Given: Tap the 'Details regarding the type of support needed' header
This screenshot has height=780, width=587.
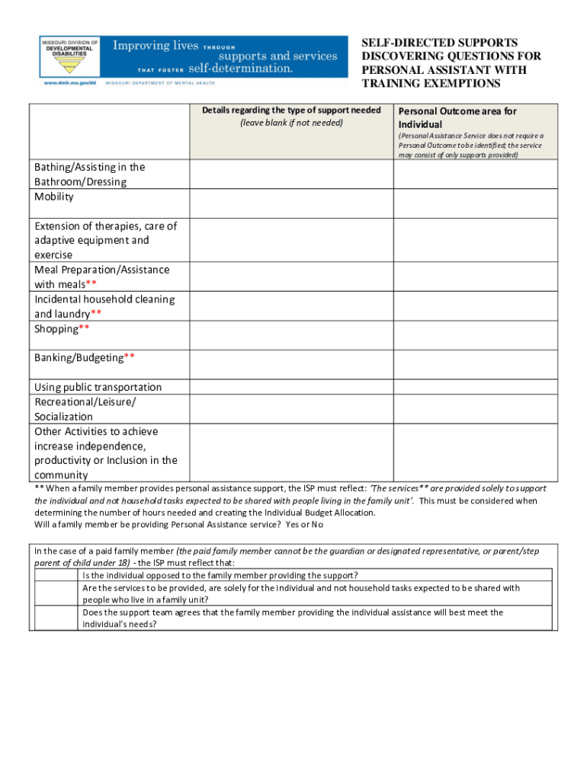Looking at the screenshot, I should [291, 110].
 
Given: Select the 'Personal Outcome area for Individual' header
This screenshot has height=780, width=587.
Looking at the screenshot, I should [457, 117].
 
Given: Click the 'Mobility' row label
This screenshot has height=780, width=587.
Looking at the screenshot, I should [54, 197].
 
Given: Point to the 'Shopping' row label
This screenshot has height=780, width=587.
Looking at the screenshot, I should [56, 329].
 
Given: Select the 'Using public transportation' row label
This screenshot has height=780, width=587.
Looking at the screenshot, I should [98, 387].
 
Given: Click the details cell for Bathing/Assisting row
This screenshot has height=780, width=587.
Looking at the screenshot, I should [291, 174].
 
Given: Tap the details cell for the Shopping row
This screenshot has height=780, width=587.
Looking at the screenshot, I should [291, 335].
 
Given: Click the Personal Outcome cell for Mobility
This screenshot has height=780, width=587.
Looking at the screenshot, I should [475, 203].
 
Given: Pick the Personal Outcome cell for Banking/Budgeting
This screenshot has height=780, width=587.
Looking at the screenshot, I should [475, 364].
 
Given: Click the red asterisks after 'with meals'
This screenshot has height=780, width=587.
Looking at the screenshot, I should [91, 285].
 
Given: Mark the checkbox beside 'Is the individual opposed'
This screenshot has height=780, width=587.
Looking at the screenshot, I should [56, 575].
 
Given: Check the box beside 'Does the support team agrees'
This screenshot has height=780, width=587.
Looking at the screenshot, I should [56, 618].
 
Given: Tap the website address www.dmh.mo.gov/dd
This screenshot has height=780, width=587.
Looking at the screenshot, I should [69, 82].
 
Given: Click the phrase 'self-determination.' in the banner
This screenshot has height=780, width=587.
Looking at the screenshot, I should [240, 69].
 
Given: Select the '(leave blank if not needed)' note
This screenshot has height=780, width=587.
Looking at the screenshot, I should [291, 123].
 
